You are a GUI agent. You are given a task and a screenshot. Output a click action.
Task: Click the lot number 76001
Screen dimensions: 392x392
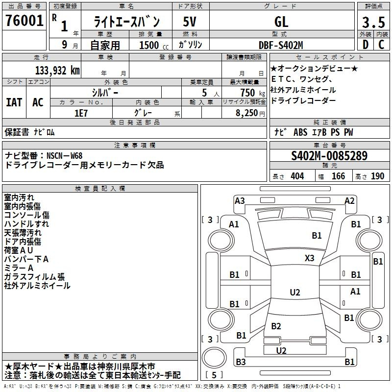point(24,21)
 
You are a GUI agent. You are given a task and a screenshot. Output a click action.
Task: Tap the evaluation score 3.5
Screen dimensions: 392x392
point(373,22)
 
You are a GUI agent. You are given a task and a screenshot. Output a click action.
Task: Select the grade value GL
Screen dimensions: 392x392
point(281,22)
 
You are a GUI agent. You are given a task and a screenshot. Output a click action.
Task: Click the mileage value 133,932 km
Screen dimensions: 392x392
point(57,71)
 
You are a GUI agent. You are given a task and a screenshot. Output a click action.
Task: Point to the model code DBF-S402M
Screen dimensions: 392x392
point(281,45)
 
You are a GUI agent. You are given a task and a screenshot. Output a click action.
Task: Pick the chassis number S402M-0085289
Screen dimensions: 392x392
point(329,156)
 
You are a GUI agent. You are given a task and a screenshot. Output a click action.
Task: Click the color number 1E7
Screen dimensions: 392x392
point(81,113)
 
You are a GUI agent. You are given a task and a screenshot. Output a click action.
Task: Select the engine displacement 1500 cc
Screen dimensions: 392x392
point(154,45)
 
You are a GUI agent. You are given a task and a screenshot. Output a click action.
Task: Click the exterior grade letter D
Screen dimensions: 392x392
point(365,45)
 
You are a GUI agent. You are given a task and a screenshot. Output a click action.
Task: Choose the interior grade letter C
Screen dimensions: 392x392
point(381,45)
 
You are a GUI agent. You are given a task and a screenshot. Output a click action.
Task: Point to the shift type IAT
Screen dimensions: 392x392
point(14,102)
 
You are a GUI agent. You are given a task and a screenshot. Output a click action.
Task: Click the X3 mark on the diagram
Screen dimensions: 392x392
point(309,258)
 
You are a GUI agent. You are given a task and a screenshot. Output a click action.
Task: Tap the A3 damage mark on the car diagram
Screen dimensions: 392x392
point(240,201)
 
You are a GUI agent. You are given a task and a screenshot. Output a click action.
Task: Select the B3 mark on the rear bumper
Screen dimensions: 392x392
point(241,362)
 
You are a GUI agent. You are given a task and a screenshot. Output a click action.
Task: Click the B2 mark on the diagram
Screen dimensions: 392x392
point(276,326)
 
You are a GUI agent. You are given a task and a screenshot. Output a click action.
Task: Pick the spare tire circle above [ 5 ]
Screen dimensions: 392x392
point(214,357)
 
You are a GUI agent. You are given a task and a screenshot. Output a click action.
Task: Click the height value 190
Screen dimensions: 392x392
point(377,176)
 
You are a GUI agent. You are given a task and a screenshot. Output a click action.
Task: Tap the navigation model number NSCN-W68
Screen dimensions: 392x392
point(65,156)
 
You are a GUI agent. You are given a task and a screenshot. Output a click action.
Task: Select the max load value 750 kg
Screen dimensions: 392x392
point(252,93)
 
